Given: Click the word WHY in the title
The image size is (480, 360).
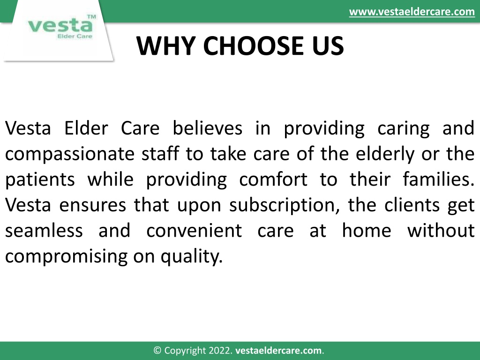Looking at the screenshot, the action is point(166,46).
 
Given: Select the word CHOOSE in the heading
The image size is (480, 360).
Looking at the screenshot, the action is point(254,46).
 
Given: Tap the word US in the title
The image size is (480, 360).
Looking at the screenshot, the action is point(328,46).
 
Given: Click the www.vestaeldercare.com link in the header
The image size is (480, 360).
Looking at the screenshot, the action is point(412,12).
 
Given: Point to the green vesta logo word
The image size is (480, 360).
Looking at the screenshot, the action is point(60,25).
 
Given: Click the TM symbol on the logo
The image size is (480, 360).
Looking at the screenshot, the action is point(91,17).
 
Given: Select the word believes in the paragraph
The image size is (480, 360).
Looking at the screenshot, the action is point(207,128).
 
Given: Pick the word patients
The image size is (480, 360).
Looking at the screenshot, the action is point(40,180).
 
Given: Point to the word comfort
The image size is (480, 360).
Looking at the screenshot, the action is point(273,180).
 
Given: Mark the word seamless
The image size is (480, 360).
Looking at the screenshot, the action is point(44,231).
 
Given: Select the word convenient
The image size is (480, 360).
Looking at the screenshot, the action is point(194,231).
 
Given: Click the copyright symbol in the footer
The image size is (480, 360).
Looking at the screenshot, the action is point(157,351).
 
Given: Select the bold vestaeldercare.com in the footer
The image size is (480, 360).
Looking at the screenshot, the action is point(278,351).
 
